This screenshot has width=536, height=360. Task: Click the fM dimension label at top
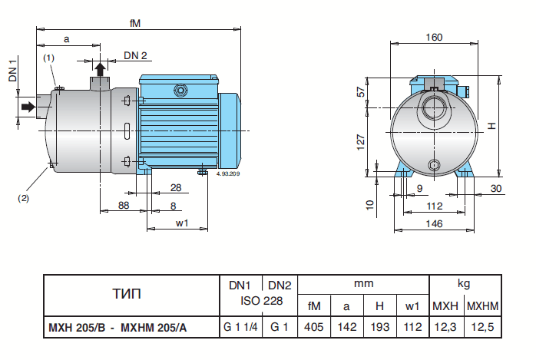[134, 23]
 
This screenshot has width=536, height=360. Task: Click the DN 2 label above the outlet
[135, 55]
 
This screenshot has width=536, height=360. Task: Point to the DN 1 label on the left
[12, 74]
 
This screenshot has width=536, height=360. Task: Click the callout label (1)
[48, 58]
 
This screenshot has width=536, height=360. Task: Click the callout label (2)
[24, 198]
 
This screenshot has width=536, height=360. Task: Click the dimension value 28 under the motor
[175, 187]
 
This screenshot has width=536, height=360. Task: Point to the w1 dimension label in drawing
[182, 223]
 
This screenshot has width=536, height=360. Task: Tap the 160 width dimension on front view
[434, 37]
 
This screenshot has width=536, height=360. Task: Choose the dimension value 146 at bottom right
[435, 223]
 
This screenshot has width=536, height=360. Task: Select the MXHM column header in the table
[483, 306]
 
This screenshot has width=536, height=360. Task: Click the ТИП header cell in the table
[129, 294]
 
